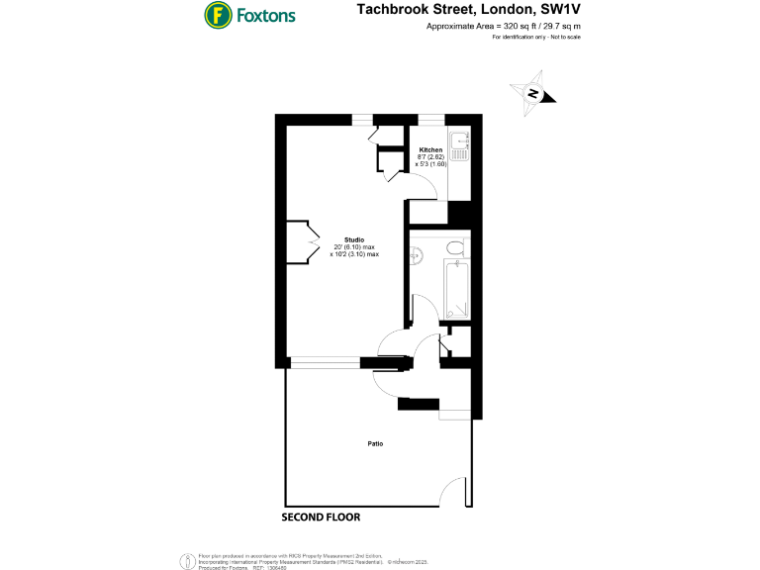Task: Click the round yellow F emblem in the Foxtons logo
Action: (218, 15)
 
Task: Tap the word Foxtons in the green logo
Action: (264, 16)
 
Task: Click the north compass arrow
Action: (532, 93)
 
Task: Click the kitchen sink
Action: (460, 147)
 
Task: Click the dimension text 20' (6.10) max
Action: (354, 247)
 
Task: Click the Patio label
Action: (375, 443)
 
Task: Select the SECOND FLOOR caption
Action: (320, 518)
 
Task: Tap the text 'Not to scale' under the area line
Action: (562, 37)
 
